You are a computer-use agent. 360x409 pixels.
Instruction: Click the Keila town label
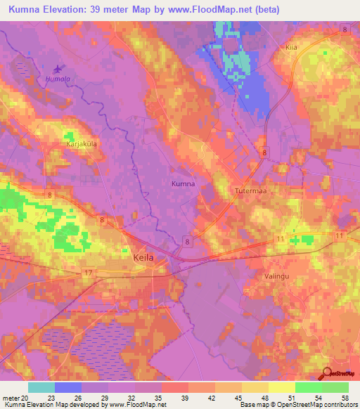(143, 258)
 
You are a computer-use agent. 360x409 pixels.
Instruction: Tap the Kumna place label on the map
(183, 183)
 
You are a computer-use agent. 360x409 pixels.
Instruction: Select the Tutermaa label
(249, 190)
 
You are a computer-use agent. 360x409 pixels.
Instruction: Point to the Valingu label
(276, 278)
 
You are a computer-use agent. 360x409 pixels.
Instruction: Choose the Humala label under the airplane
(56, 79)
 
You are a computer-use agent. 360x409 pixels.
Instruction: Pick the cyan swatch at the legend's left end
(41, 387)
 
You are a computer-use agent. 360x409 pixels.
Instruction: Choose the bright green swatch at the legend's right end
(335, 387)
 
